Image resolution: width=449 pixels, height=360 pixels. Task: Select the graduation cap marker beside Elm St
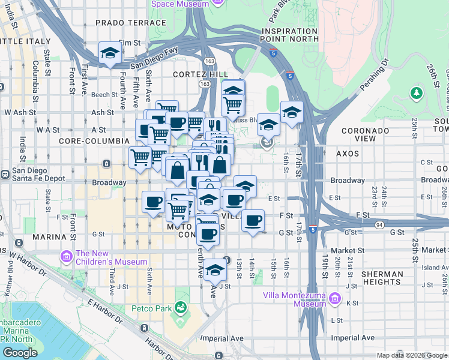pyautogui.click(x=110, y=53)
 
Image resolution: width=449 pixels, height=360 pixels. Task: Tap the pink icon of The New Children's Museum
pyautogui.click(x=65, y=257)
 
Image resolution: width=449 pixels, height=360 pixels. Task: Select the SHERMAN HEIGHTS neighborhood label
pyautogui.click(x=382, y=278)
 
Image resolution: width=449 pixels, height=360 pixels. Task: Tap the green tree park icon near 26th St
pyautogui.click(x=416, y=93)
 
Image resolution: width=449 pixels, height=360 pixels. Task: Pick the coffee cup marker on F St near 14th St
pyautogui.click(x=253, y=220)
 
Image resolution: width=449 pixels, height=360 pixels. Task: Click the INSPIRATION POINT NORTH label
pyautogui.click(x=291, y=35)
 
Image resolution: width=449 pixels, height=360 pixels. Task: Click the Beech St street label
pyautogui.click(x=104, y=95)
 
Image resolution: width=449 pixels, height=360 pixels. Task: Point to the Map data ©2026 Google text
pyautogui.click(x=412, y=355)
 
